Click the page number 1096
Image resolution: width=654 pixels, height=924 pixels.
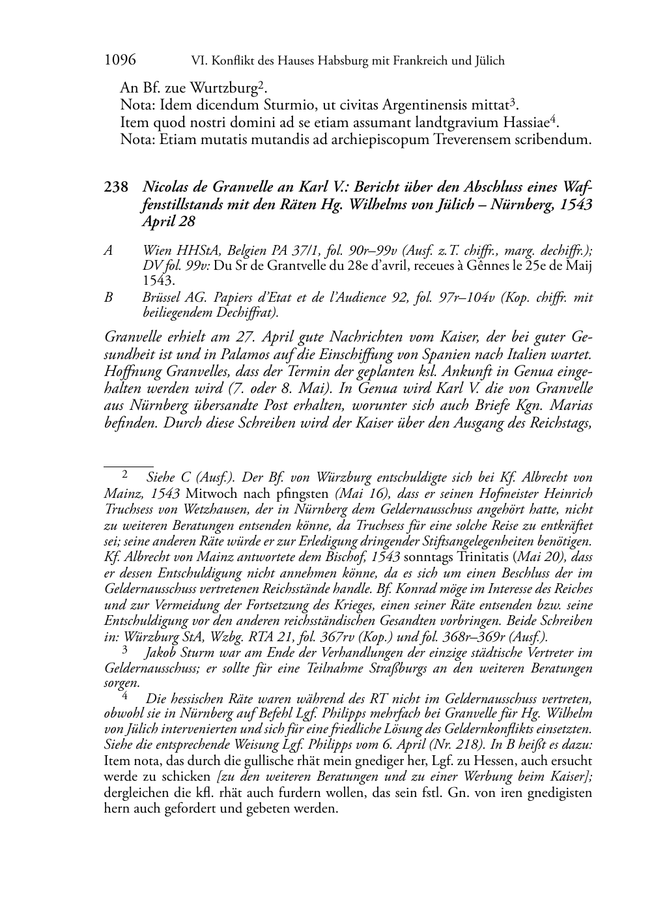point(119,61)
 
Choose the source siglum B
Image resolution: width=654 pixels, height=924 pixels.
point(108,298)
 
